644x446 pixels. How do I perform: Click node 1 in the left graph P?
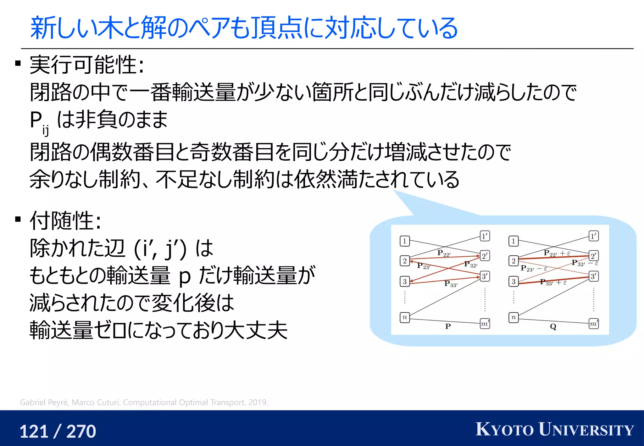[x=405, y=241]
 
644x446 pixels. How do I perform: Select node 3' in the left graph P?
[x=485, y=276]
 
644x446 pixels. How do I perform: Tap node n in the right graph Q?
[x=514, y=317]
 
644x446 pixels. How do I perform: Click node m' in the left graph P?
[x=485, y=323]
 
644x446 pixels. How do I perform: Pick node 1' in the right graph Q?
[x=593, y=236]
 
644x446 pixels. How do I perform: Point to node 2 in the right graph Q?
[x=514, y=261]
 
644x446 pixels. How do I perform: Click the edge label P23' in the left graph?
[x=424, y=266]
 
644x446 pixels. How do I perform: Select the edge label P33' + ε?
[x=553, y=282]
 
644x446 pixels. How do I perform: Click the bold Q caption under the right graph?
[x=553, y=326]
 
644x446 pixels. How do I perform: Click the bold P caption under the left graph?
[x=448, y=326]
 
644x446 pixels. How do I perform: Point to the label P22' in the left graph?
[x=444, y=253]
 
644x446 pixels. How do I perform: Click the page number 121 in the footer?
[x=34, y=431]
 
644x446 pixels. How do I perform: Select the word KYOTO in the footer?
[x=505, y=429]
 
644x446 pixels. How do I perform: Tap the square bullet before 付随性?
[x=18, y=219]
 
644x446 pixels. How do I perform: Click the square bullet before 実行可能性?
[x=18, y=64]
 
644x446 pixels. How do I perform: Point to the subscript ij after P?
[x=46, y=130]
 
